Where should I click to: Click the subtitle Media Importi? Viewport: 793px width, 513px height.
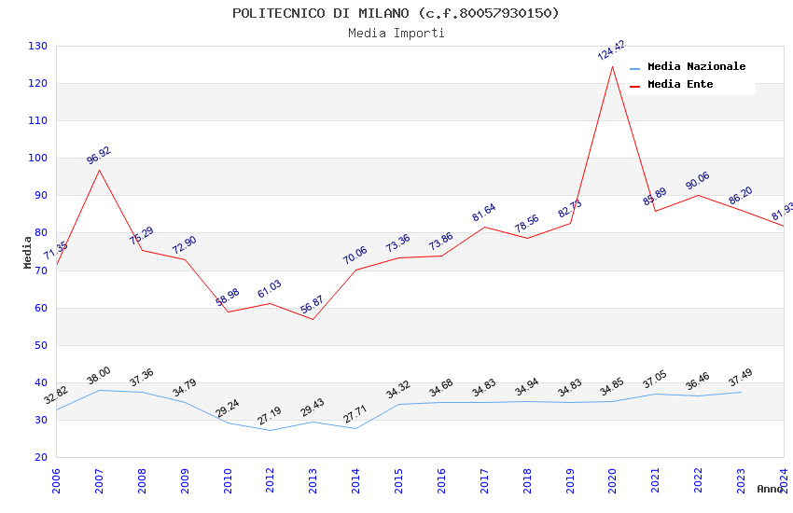pos(396,34)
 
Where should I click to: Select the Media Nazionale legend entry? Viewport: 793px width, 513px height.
pos(696,67)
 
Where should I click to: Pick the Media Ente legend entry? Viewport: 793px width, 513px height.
pos(680,85)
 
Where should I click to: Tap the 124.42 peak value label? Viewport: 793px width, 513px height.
pos(611,50)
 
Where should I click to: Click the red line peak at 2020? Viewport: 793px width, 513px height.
pos(613,65)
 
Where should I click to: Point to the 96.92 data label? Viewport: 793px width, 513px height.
pos(99,155)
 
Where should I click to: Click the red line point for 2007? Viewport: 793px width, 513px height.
pos(99,169)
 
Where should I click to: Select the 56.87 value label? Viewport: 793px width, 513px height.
pos(313,305)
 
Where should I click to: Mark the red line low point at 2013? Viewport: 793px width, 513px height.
pos(313,319)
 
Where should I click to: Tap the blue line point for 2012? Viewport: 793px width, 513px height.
pos(270,430)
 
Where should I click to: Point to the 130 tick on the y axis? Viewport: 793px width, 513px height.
pos(38,47)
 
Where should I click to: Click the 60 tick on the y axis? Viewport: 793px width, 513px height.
pos(41,308)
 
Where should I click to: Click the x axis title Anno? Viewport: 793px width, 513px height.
pos(770,489)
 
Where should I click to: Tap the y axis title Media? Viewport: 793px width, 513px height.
pos(27,252)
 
